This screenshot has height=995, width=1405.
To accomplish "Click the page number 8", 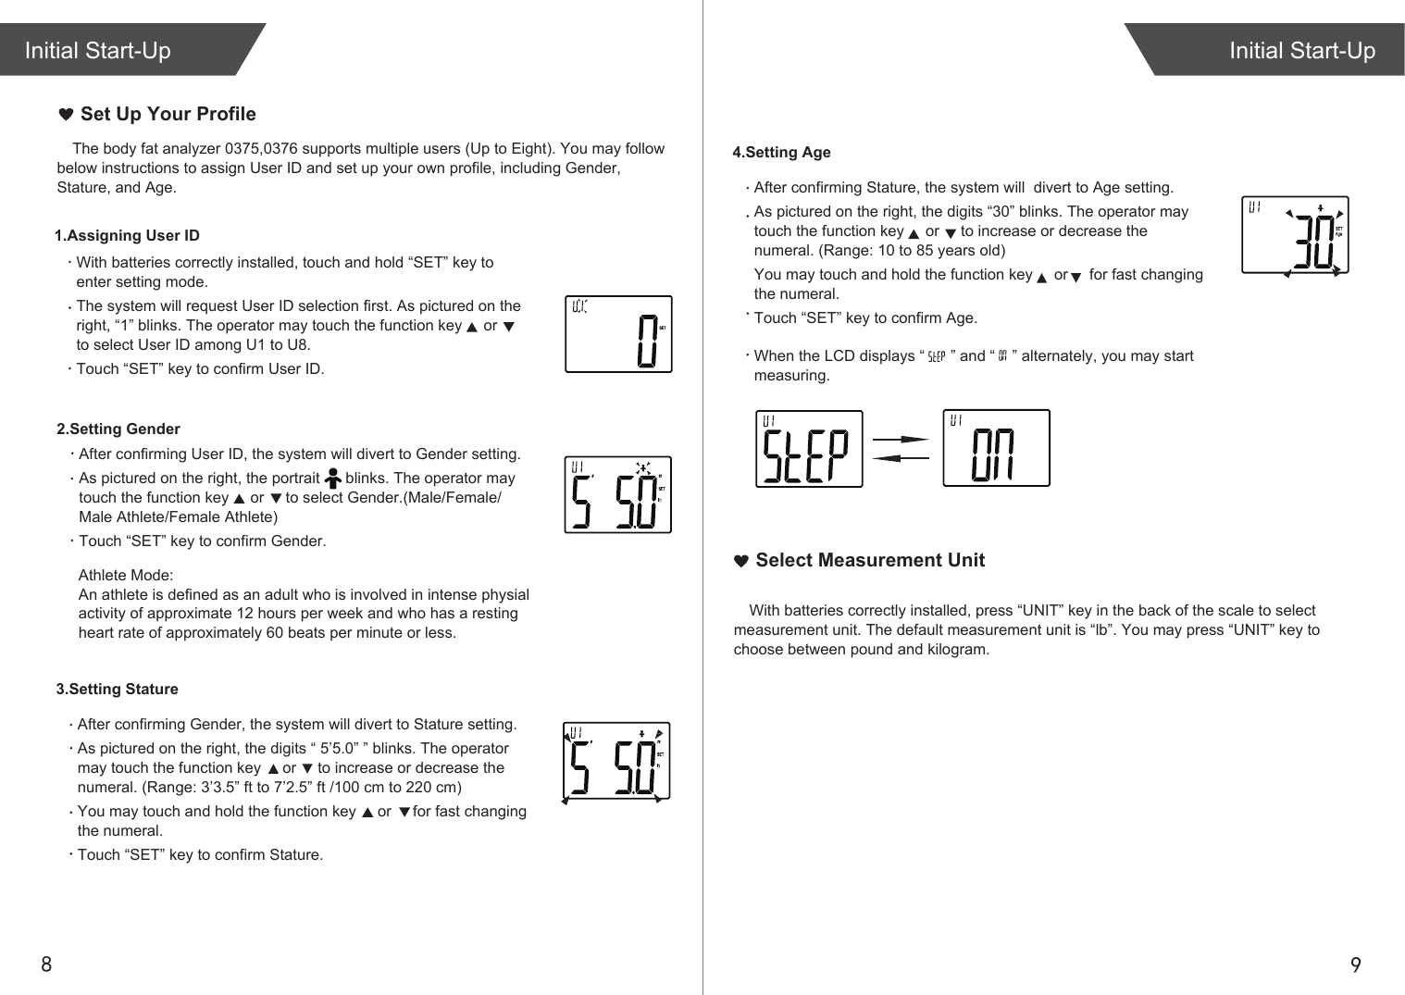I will (46, 964).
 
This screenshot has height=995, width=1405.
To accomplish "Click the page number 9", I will (1356, 965).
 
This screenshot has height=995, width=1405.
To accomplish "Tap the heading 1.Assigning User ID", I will (127, 236).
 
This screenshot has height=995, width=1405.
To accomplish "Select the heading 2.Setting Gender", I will (118, 429).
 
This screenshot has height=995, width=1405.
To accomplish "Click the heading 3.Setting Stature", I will (118, 690).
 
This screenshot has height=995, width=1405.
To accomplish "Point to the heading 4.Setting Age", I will (782, 153).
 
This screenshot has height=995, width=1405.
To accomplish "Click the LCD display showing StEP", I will (809, 449).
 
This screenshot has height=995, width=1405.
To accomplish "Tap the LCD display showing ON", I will (996, 448).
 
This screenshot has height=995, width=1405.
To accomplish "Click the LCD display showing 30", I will (1295, 235).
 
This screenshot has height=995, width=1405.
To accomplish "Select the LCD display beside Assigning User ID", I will (618, 334).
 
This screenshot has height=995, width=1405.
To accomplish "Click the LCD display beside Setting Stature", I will (616, 761).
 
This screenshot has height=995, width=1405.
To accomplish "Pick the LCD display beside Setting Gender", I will (617, 495).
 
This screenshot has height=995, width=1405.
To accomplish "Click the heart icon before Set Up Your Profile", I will (66, 115).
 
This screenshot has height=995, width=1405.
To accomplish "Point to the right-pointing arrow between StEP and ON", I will (901, 440).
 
